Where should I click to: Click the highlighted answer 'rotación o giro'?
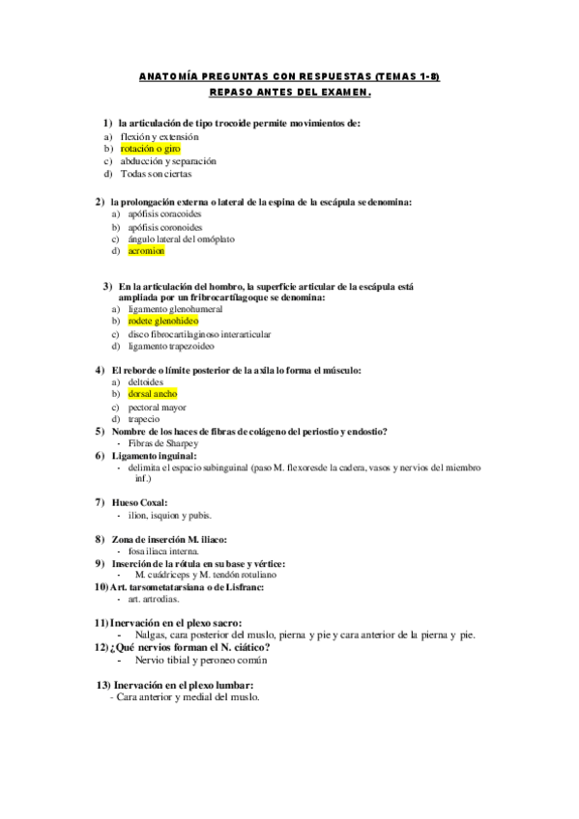click(150, 150)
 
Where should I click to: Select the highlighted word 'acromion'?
click(146, 251)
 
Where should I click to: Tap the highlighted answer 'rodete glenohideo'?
click(162, 320)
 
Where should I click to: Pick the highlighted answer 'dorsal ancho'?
click(152, 394)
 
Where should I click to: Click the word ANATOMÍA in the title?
click(169, 77)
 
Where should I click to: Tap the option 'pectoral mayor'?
click(158, 408)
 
